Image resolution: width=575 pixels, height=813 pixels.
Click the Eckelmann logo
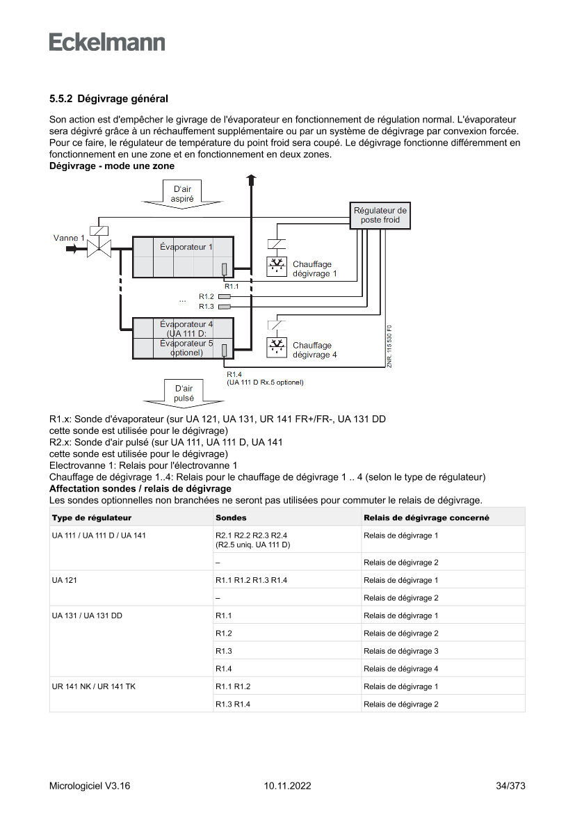pos(107,42)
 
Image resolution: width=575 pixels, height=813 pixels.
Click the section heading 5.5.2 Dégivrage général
pos(108,100)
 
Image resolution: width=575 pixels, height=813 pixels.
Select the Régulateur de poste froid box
pos(380,215)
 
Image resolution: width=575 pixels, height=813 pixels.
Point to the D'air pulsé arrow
pos(184,393)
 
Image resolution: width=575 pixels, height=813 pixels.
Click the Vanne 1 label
pos(68,238)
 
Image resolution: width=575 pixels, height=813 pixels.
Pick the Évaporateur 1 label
pos(186,247)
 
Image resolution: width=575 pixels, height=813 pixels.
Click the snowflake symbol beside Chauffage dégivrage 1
pos(277,266)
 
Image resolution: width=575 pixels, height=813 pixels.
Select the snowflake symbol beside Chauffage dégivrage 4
pos(277,347)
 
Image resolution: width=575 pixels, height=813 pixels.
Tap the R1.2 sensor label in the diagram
pos(206,296)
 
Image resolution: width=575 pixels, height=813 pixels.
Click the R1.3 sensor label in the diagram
pos(206,306)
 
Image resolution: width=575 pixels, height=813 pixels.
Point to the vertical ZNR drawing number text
pos(390,345)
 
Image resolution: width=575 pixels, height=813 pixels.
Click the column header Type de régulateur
pos(92,517)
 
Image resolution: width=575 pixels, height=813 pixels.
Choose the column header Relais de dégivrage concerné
pos(426,517)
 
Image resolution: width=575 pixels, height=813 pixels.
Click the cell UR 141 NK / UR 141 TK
pos(94,686)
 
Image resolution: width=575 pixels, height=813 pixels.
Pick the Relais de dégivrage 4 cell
pos(400,669)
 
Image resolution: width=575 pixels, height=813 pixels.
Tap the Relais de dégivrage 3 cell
pos(400,651)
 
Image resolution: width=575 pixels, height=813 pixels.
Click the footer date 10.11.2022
pos(287,786)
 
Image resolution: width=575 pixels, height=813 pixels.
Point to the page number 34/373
pos(510,786)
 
